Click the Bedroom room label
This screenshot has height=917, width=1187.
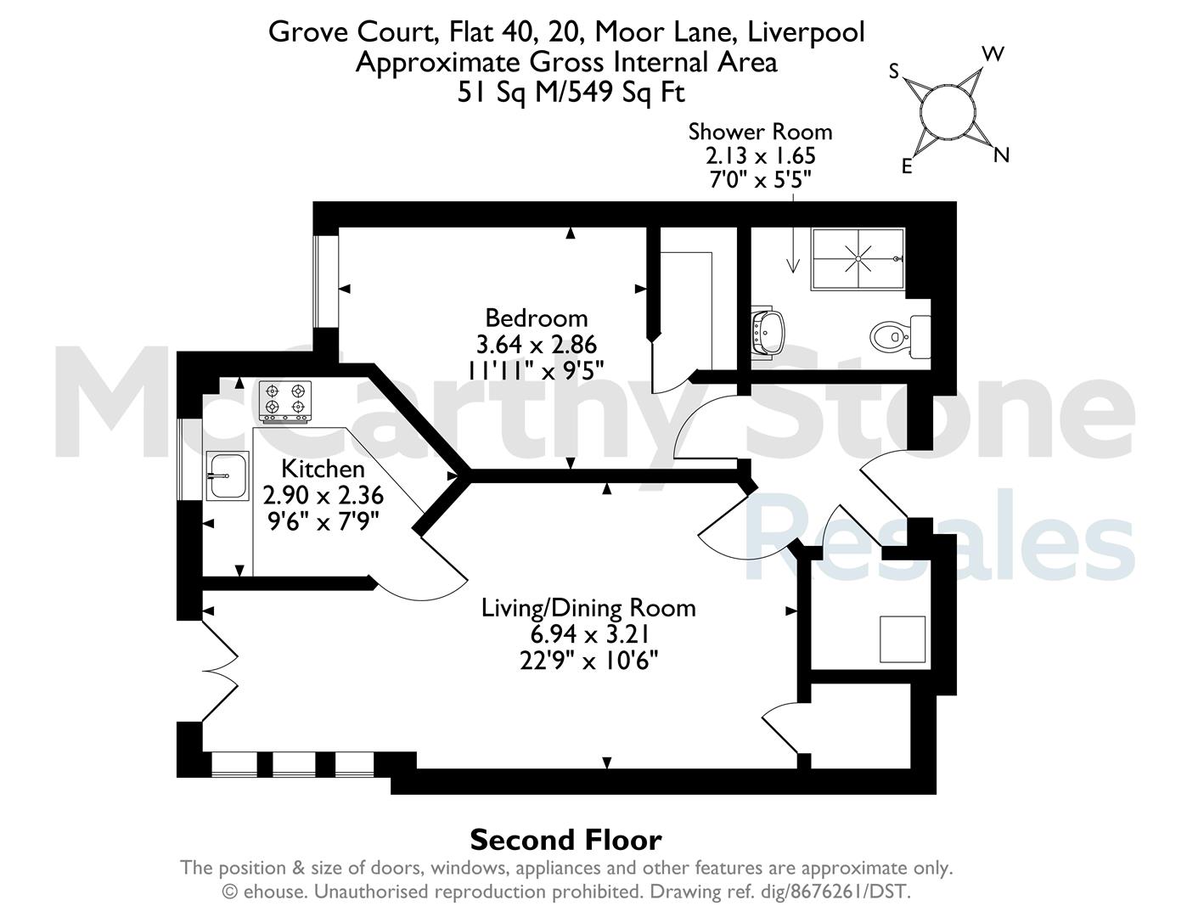pos(536,318)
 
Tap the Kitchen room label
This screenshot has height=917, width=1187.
pos(323,469)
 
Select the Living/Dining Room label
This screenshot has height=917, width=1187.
pos(588,608)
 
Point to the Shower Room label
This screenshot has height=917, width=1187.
pos(760,132)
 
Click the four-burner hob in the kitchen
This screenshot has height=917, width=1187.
pos(285,402)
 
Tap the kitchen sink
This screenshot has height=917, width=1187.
pos(228,475)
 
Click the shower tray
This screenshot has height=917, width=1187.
pos(858,258)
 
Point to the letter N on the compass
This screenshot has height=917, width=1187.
pos(1001,155)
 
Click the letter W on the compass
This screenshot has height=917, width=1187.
pos(993,54)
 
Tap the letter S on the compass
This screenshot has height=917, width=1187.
pos(894,71)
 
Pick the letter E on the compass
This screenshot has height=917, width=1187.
pos(907,166)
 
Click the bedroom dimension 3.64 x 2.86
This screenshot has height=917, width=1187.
pos(537,345)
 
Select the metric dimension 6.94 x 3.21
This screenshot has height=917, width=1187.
pos(589,634)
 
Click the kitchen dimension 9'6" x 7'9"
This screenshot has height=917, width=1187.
pos(323,521)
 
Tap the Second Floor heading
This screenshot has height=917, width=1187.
pos(566,840)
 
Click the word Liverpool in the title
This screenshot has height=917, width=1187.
pos(806,31)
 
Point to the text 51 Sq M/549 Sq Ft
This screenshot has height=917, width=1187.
pos(571,93)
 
